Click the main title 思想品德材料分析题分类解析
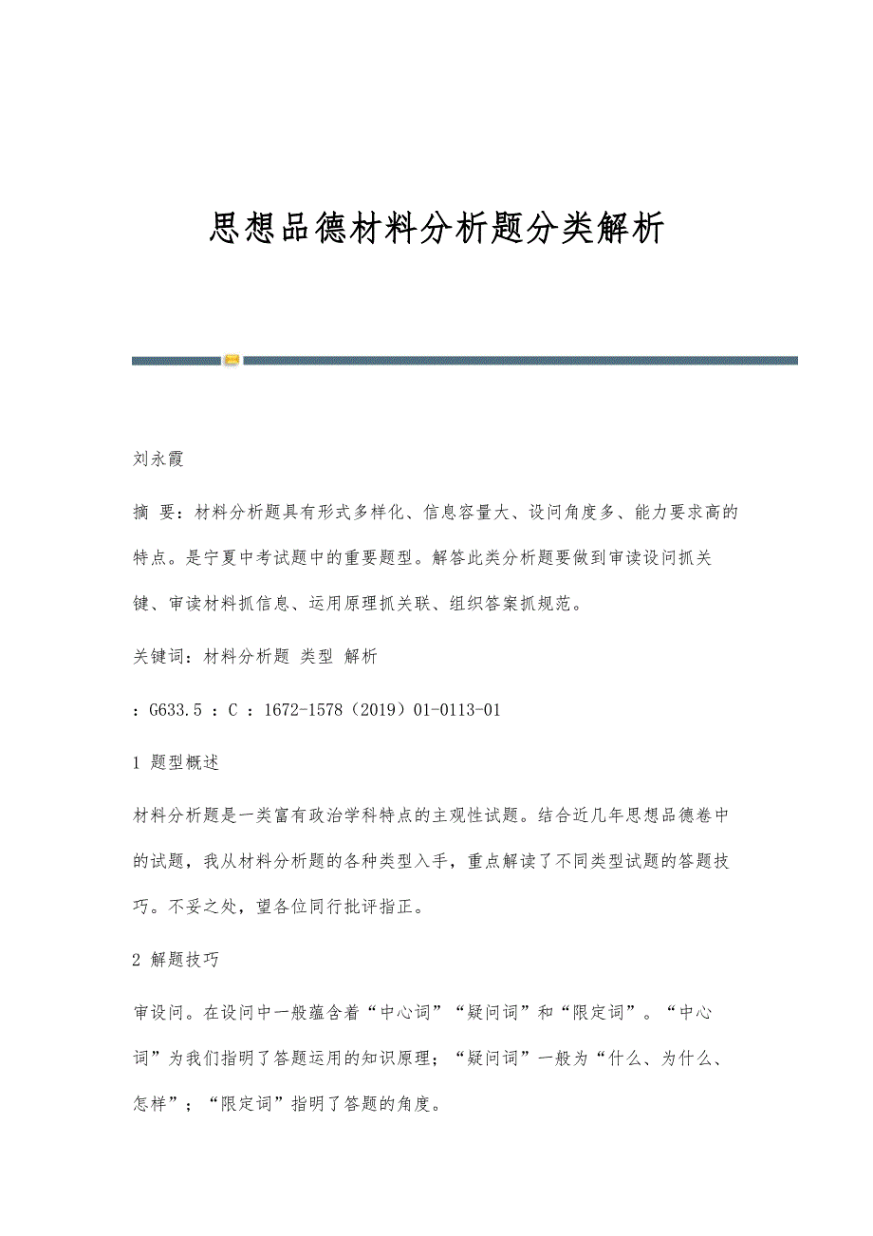click(436, 228)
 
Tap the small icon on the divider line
click(232, 360)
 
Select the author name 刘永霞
click(158, 459)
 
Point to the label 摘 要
click(153, 514)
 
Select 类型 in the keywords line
click(316, 657)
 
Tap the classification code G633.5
click(175, 710)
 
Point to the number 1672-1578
click(309, 710)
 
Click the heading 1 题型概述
click(176, 762)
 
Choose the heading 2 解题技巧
click(176, 960)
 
